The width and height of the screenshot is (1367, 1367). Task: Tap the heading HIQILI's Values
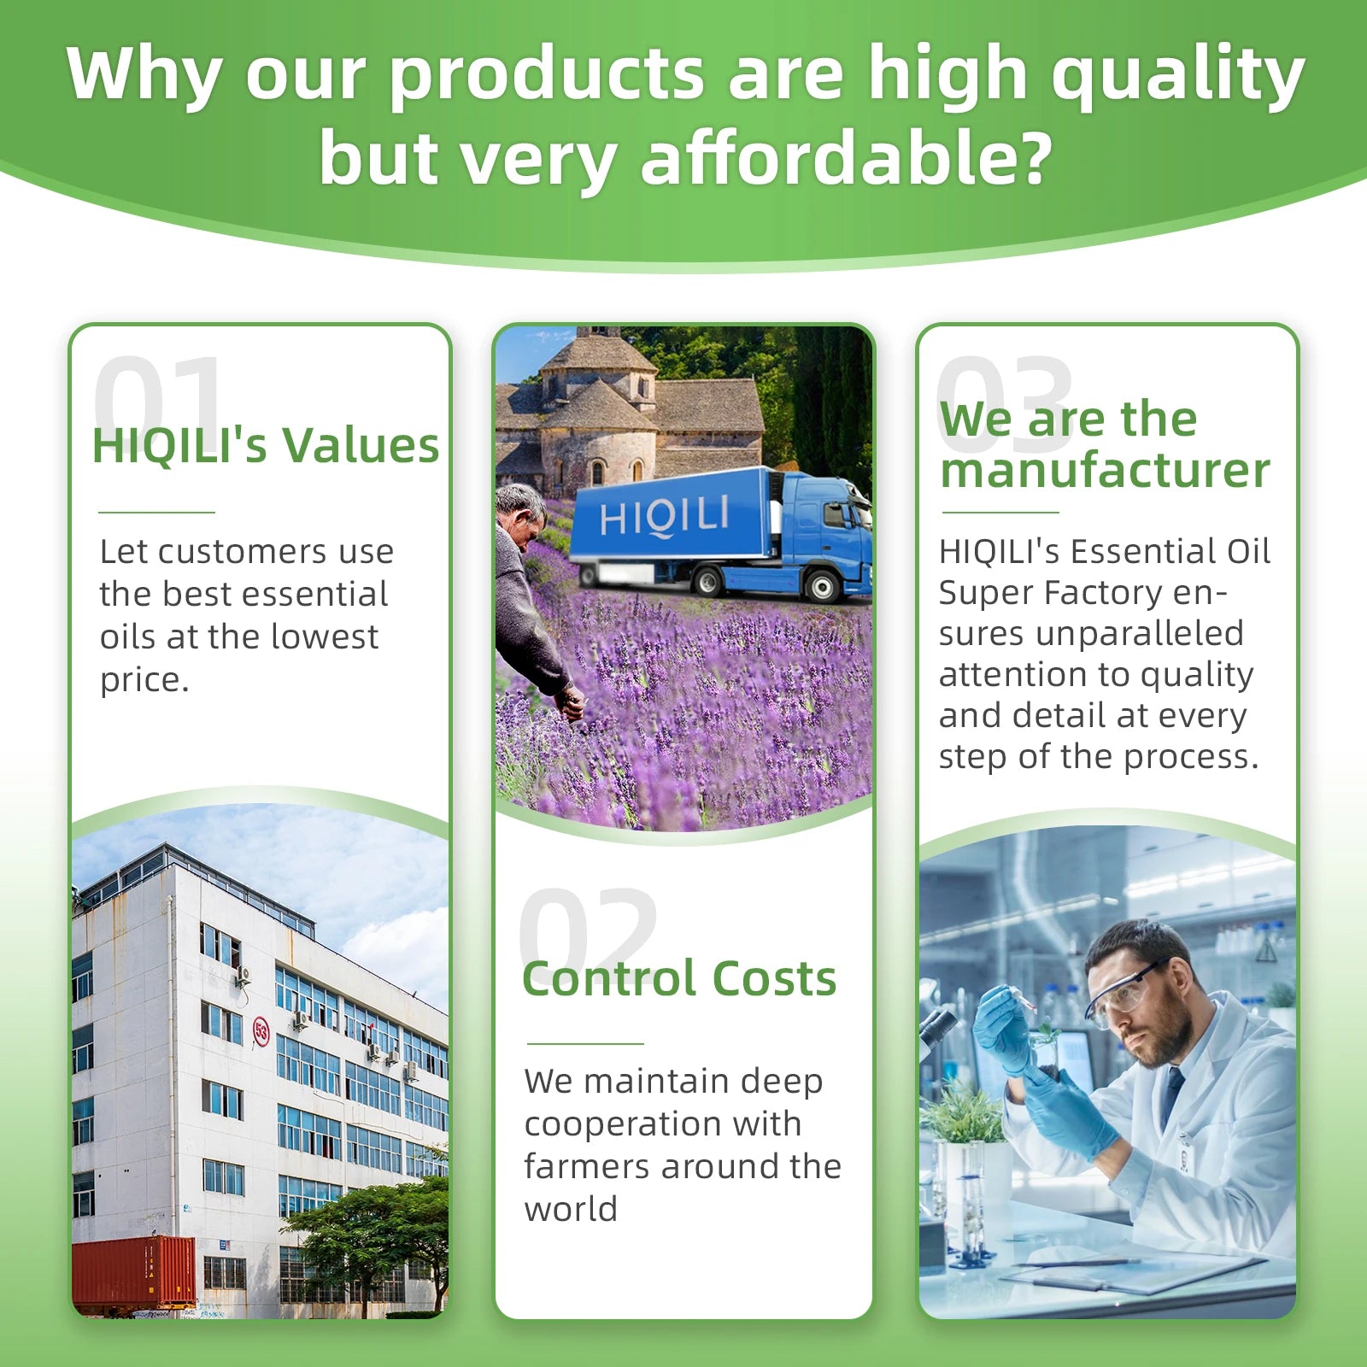(x=266, y=446)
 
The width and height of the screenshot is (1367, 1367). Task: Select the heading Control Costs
(x=679, y=978)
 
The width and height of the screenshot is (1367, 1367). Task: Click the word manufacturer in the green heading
(x=1106, y=471)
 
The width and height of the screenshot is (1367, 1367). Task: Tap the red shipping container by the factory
(x=134, y=1272)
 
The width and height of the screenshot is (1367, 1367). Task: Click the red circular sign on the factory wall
(x=261, y=1031)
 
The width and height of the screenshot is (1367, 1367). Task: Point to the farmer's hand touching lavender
(x=571, y=704)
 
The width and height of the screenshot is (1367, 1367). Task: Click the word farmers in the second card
(x=586, y=1166)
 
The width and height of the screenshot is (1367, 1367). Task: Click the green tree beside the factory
(x=376, y=1230)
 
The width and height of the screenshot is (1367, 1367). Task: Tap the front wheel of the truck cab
(x=822, y=586)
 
